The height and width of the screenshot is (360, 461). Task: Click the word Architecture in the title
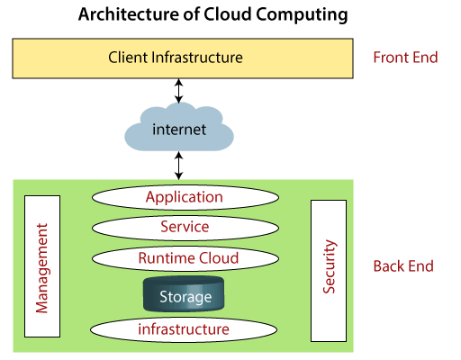(129, 14)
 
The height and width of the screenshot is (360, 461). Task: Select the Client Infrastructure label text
(176, 58)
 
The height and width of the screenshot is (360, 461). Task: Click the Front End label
(405, 58)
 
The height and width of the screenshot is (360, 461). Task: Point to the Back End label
(403, 266)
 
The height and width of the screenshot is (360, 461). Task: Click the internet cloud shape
(179, 127)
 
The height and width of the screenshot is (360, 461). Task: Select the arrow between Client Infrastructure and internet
(179, 91)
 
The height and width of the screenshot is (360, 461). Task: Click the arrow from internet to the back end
(179, 166)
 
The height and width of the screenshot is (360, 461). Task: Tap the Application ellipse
(185, 197)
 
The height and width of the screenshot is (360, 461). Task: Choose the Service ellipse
(185, 228)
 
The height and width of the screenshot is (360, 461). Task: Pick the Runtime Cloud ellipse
(185, 258)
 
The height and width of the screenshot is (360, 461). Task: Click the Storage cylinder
(184, 294)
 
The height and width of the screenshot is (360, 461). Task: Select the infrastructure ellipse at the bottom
(184, 329)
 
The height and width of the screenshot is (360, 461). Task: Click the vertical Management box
(42, 266)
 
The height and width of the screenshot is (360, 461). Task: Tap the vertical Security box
(329, 271)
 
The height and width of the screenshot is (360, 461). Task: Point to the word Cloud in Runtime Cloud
(219, 258)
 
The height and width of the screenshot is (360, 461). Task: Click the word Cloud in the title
(227, 14)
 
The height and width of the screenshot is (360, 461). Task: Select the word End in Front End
(425, 58)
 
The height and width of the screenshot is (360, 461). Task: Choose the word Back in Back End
(388, 266)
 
